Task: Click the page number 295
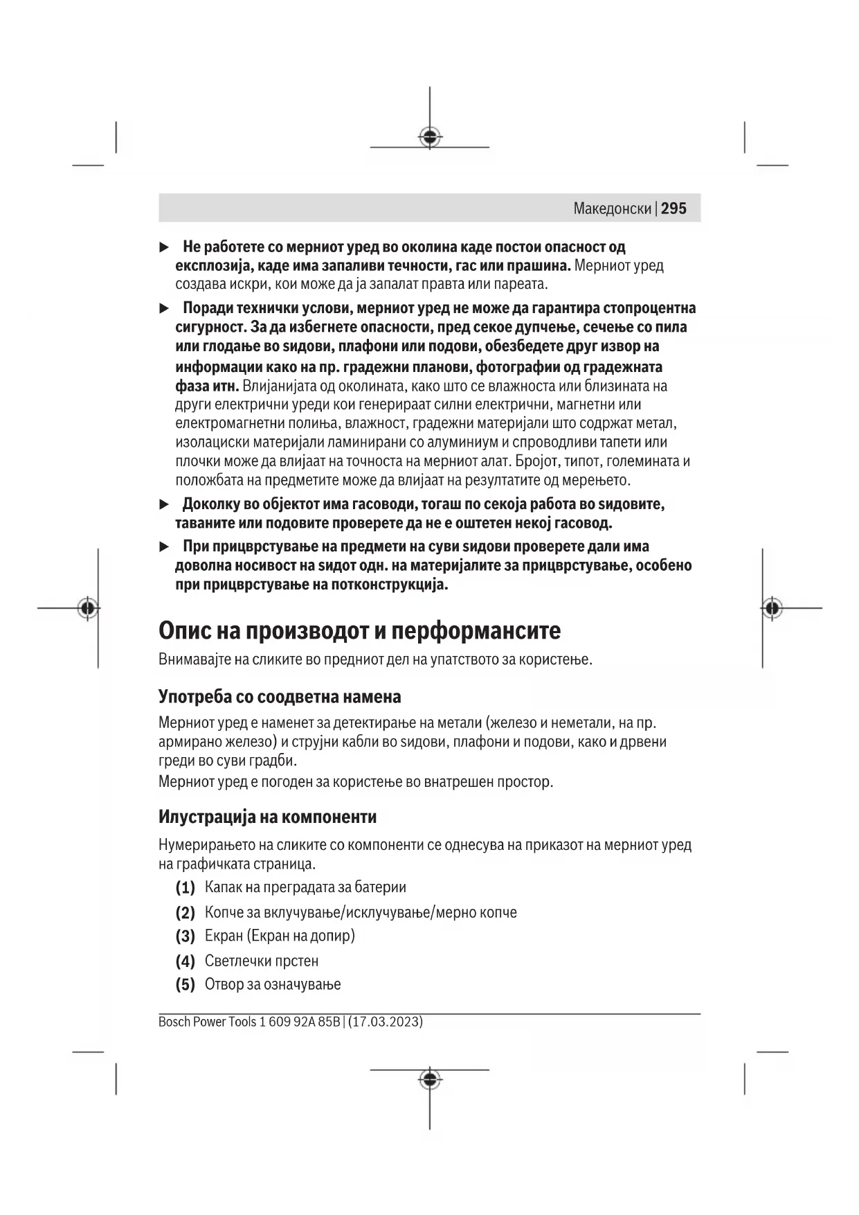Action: tap(673, 209)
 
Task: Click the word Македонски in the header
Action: tap(612, 209)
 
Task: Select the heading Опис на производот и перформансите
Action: tap(359, 630)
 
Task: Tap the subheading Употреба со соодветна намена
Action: tap(280, 696)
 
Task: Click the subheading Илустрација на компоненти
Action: tap(267, 817)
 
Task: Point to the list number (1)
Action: tap(185, 887)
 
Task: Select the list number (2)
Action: tap(185, 912)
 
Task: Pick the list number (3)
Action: tap(185, 937)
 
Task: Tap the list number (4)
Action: tap(185, 961)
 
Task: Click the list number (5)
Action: tap(185, 985)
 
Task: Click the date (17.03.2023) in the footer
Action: tap(386, 1022)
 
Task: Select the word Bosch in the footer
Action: tap(173, 1022)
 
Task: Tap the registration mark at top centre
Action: tap(430, 137)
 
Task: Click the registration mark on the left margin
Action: tap(87, 608)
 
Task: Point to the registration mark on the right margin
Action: tap(772, 608)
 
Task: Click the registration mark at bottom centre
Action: tap(430, 1079)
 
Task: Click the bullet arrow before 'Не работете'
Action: tap(164, 247)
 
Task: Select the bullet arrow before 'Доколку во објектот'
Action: tap(164, 504)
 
